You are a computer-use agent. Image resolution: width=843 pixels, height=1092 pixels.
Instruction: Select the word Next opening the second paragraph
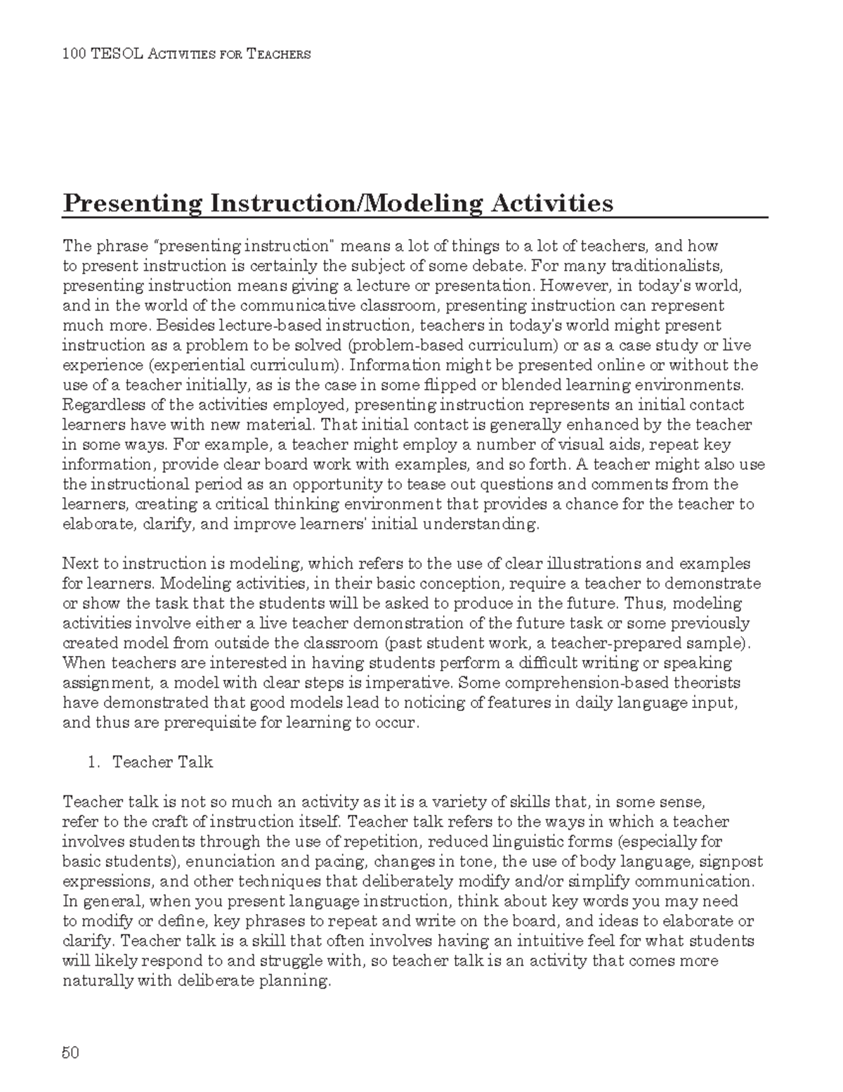click(79, 563)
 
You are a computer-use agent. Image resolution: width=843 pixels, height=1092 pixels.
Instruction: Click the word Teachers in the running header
click(278, 54)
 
